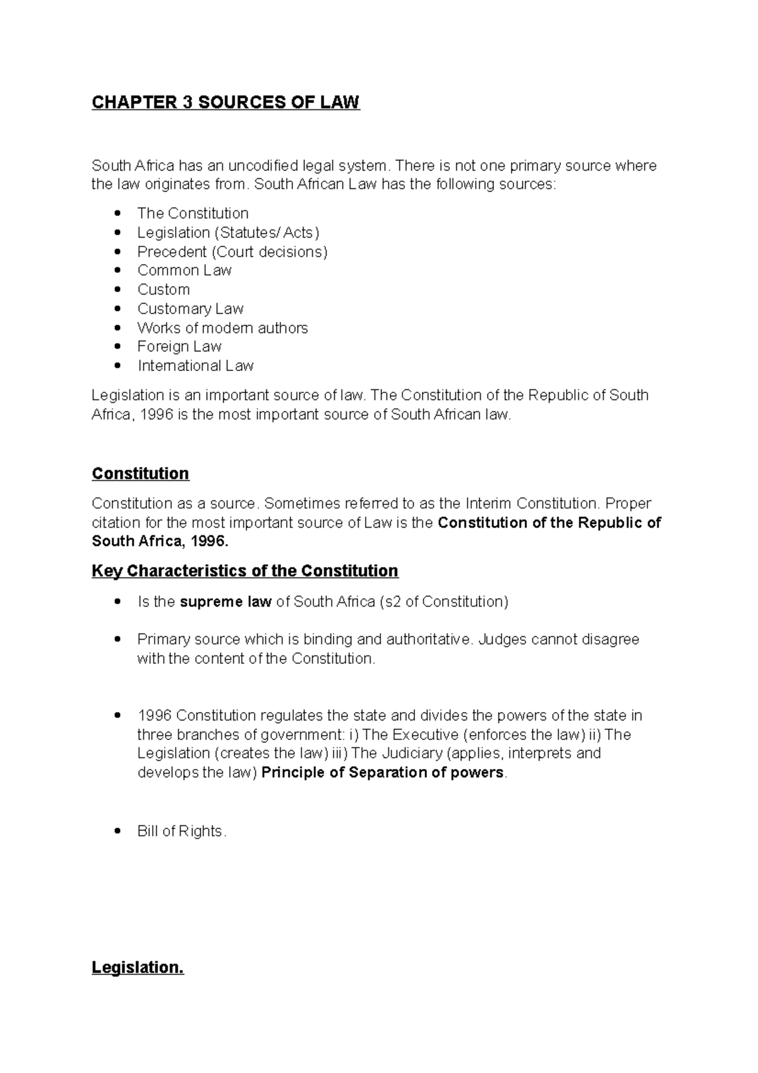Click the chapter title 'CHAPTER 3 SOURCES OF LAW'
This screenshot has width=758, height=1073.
pyautogui.click(x=226, y=102)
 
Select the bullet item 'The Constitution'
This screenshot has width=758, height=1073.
pyautogui.click(x=193, y=213)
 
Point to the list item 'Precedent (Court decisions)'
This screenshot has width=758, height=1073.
pyautogui.click(x=232, y=252)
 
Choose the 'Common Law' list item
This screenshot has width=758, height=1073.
pyautogui.click(x=184, y=270)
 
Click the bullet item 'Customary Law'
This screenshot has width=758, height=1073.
pyautogui.click(x=190, y=308)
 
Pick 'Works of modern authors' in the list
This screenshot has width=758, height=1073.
pyautogui.click(x=222, y=327)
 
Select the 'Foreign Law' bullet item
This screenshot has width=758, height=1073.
pyautogui.click(x=179, y=346)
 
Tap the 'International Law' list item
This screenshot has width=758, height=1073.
pyautogui.click(x=195, y=365)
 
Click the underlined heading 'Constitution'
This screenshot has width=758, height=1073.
pyautogui.click(x=140, y=473)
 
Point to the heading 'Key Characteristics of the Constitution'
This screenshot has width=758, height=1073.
pyautogui.click(x=244, y=571)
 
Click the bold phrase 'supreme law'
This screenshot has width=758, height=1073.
pyautogui.click(x=226, y=602)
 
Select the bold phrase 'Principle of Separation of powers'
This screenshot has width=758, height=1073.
pyautogui.click(x=383, y=772)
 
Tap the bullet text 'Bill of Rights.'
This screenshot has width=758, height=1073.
pyautogui.click(x=181, y=831)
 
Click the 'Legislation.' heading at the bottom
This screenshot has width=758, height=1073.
pyautogui.click(x=138, y=967)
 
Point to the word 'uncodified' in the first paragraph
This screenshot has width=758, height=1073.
pyautogui.click(x=262, y=166)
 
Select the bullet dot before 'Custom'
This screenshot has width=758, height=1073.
pyautogui.click(x=117, y=289)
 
